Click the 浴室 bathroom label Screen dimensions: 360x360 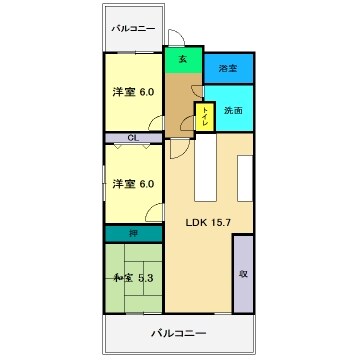point(228,69)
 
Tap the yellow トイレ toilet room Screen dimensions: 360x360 point(205,117)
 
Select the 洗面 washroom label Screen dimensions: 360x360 point(233,110)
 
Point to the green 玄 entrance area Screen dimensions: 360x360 point(184,60)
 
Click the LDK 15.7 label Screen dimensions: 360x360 point(208,223)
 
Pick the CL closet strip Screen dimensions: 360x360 point(134,138)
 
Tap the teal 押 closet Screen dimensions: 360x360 point(134,234)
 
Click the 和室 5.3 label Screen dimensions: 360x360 point(133,278)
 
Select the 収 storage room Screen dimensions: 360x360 point(243,274)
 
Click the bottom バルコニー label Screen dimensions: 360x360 point(179,333)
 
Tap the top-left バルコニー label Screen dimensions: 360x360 point(133,28)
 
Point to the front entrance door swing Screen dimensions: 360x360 point(176,37)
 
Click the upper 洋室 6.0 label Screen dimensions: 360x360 point(133,92)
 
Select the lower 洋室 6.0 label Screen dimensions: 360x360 point(133,184)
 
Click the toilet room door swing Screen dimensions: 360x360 point(187,123)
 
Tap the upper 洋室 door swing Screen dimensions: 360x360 point(156,123)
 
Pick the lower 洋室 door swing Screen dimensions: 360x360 point(154,212)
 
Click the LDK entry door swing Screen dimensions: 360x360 point(180,149)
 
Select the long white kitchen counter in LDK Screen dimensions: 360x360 point(205,167)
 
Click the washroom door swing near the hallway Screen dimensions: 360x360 point(197,91)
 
